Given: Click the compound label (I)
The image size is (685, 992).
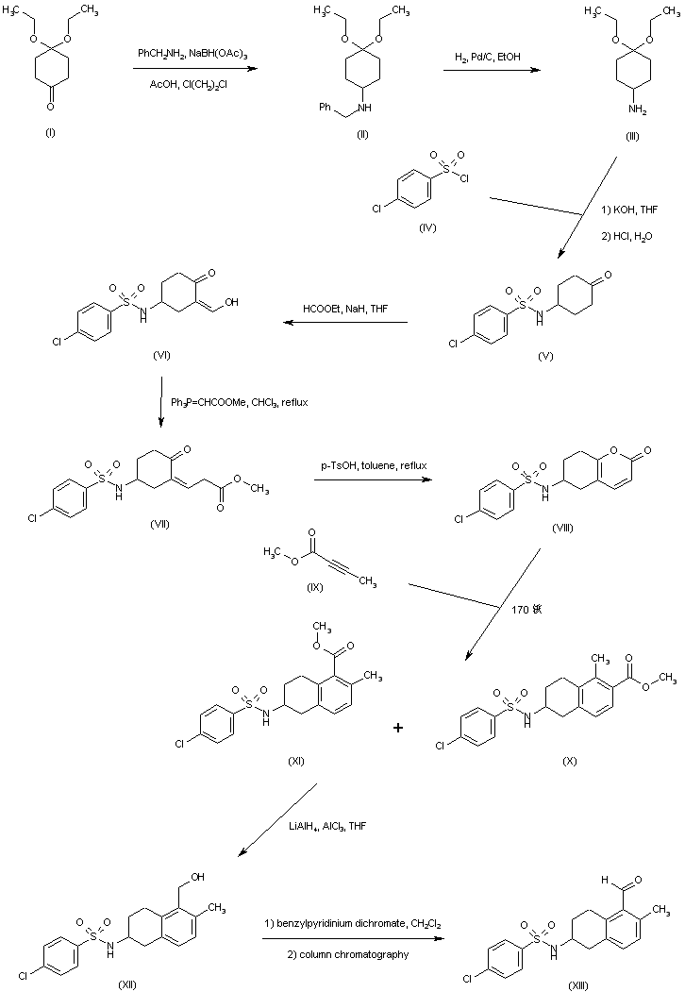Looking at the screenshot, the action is point(51,132).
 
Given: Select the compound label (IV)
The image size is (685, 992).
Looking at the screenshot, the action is point(427,227).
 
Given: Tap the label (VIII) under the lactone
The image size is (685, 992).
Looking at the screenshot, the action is point(562,528).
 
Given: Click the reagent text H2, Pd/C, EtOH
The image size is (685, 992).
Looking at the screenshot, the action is point(488,57).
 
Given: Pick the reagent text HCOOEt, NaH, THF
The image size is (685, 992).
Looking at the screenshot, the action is point(345,309).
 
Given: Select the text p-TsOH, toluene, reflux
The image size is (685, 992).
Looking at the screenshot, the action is point(374,465).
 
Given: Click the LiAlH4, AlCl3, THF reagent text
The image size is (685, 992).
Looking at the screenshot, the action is point(327,826).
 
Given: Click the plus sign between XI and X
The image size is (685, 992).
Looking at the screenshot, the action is point(398,728).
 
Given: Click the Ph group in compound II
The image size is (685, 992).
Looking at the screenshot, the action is point(326,107).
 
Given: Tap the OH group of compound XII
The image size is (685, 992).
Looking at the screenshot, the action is point(198,877).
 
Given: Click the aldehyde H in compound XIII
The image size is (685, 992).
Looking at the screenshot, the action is point(605,880).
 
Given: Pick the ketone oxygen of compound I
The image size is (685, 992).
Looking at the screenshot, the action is point(51,107).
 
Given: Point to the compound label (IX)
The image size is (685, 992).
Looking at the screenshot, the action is point(314,587).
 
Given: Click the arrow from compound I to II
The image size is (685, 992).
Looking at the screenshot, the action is point(196,68).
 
